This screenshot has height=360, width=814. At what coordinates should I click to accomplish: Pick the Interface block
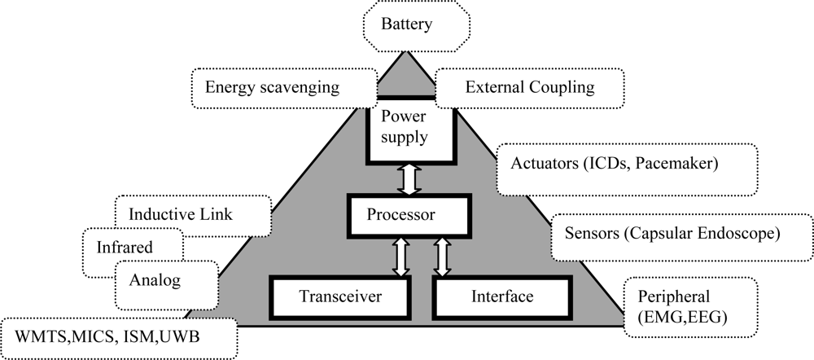pos(501,296)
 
